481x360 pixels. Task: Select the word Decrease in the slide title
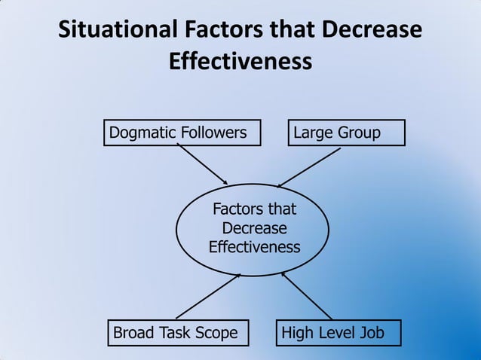point(372,31)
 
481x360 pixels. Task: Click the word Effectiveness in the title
point(240,61)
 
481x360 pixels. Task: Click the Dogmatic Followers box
point(182,133)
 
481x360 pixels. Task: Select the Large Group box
point(346,133)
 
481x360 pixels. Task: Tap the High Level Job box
point(338,332)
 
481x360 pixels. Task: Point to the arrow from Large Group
point(310,166)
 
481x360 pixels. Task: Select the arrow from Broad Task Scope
point(207,296)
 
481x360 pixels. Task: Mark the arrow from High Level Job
point(307,296)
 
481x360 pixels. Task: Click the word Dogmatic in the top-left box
point(142,133)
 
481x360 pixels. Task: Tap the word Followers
point(213,133)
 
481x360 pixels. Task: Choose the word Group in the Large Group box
point(358,133)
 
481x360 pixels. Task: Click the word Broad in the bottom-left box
point(133,333)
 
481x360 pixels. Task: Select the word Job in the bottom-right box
point(370,333)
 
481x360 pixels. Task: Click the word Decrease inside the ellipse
point(254,228)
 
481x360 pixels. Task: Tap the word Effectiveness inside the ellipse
point(254,247)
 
